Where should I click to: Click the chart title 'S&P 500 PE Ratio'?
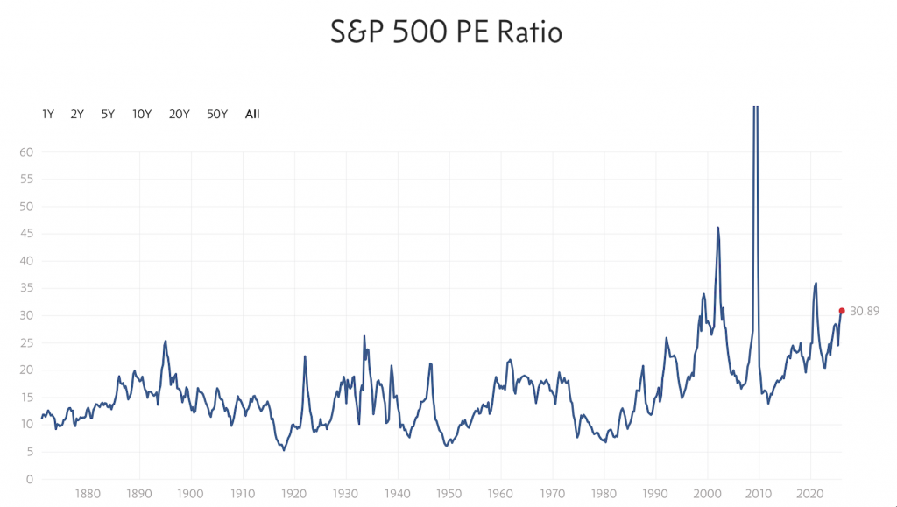point(446,32)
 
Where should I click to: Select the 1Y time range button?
point(48,114)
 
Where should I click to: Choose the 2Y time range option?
point(77,114)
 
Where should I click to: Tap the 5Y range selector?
point(108,114)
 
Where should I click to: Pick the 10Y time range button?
point(142,114)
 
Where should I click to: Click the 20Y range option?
point(180,114)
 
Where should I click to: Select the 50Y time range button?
point(217,114)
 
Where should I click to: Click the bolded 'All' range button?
point(252,114)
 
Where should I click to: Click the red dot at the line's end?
point(842,311)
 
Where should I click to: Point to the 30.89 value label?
point(865,311)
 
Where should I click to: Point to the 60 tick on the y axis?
point(26,152)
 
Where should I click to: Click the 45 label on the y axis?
point(26,234)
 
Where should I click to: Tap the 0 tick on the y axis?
point(30,479)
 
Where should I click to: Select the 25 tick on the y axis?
point(26,343)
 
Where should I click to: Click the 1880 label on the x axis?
point(87,494)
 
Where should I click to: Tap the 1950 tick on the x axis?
point(448,494)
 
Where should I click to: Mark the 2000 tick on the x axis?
point(707,494)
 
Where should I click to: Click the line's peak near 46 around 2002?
point(718,228)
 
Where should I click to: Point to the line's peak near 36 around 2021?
point(816,283)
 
